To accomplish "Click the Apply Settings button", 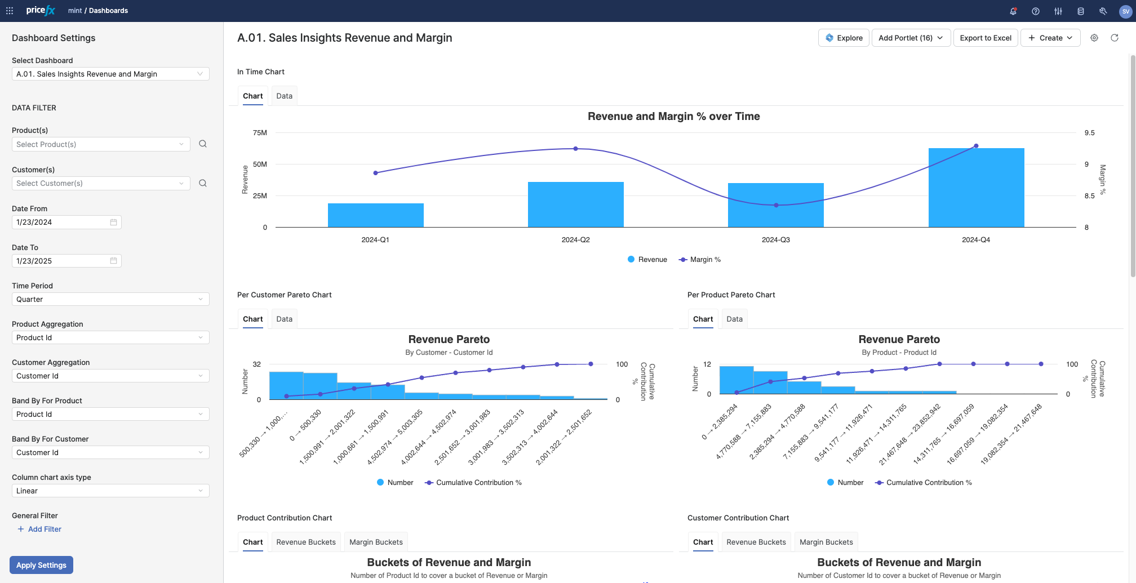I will point(41,565).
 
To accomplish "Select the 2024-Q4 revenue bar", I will point(976,188).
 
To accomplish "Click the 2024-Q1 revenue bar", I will point(375,215).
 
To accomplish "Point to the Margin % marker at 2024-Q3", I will point(776,205).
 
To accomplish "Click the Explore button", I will point(844,38).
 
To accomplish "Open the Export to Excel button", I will point(985,38).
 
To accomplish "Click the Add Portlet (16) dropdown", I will point(911,38).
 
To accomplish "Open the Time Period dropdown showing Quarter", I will point(110,299).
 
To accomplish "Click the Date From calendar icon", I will point(113,222).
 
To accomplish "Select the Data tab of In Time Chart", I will point(284,96).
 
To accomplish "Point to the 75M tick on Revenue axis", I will point(260,133).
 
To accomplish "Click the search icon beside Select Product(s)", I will point(203,144).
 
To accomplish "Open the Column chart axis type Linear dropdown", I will point(110,491).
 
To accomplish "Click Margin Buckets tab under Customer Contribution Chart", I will point(826,542).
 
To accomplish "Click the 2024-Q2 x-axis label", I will point(575,240).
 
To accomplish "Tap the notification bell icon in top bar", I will point(1013,11).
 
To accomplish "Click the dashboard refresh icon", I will point(1114,38).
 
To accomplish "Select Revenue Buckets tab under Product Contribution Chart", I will point(305,542).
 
